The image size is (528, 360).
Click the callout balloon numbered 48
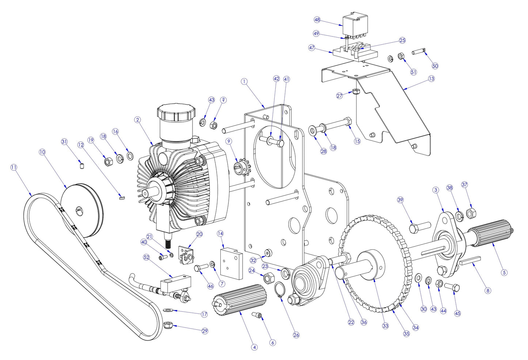317,20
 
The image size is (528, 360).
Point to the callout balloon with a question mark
223,100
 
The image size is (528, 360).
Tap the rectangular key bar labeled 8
471,260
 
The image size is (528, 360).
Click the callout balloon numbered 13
432,78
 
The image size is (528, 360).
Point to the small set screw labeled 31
82,166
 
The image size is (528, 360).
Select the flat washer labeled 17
168,310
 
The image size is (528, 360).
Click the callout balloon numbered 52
147,257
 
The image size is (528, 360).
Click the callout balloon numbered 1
244,81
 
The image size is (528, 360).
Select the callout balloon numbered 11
14,167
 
